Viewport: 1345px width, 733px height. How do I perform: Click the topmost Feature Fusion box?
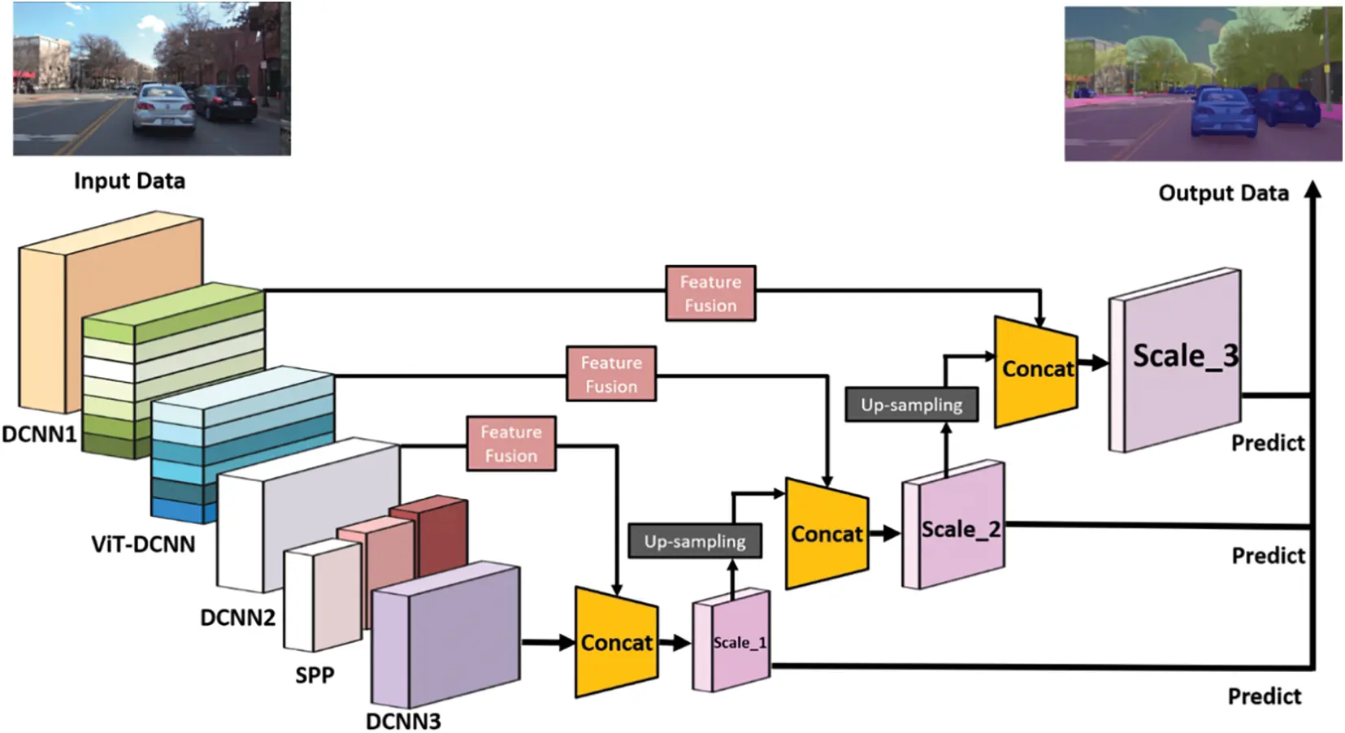tap(709, 293)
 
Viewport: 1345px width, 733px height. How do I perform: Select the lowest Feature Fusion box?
tap(511, 444)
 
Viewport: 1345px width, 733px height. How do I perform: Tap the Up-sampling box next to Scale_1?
tap(695, 541)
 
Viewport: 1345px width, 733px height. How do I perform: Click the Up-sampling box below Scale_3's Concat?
tap(911, 405)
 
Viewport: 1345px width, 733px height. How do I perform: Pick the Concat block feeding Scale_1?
tap(616, 642)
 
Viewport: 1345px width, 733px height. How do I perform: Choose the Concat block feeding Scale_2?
tap(827, 534)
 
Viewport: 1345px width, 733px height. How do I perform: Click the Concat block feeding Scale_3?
tap(1036, 370)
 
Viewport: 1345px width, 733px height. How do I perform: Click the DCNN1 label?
tap(39, 434)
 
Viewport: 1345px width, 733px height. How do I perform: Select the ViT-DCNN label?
tap(143, 544)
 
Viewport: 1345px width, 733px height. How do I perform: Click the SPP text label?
tap(315, 674)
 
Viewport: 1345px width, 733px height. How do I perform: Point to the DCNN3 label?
tap(403, 721)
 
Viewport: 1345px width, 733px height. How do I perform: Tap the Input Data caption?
tap(129, 180)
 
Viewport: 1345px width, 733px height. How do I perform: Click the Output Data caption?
tap(1223, 193)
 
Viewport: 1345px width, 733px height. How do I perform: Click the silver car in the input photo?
tap(165, 110)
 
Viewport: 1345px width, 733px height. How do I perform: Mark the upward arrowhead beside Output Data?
tap(1312, 190)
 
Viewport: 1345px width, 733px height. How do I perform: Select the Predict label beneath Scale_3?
tap(1267, 443)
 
